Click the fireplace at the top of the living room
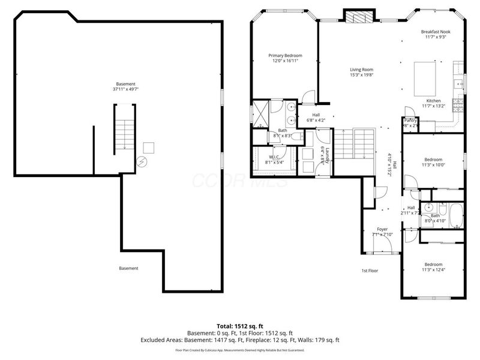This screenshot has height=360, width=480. pos(358,17)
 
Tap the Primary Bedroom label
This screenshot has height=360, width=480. pos(284,55)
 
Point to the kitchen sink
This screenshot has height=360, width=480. pos(457,82)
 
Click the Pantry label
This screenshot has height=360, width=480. pos(410,121)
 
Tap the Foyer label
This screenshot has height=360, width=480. pos(382,229)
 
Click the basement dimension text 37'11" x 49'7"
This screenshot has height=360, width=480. pos(125,89)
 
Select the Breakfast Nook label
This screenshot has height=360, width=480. pos(436,32)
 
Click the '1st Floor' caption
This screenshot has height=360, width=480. pos(370,271)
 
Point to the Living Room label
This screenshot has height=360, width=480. pos(362,70)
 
